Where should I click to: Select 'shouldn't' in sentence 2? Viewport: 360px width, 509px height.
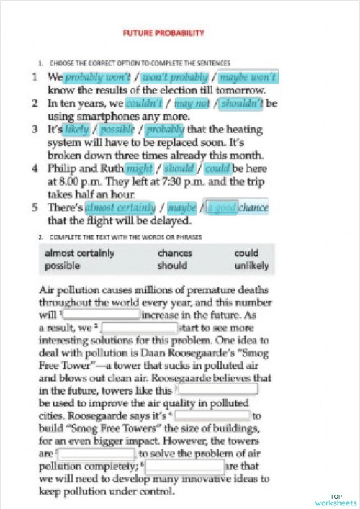point(242,104)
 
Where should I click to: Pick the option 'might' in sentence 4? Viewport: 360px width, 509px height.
point(140,169)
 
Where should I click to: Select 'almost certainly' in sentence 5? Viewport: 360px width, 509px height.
point(120,208)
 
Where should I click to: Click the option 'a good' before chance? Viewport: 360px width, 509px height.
point(221,208)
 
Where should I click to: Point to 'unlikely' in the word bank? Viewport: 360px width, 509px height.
point(251,266)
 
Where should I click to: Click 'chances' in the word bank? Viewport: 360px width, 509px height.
point(175,253)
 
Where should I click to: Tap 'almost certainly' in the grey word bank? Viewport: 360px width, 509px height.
point(80,253)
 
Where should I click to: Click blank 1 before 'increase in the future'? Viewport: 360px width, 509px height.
point(102,315)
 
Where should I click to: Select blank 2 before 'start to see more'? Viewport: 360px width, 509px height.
point(145,328)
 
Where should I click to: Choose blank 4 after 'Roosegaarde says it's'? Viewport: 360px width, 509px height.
point(212,415)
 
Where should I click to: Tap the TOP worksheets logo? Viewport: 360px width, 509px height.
point(336,499)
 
